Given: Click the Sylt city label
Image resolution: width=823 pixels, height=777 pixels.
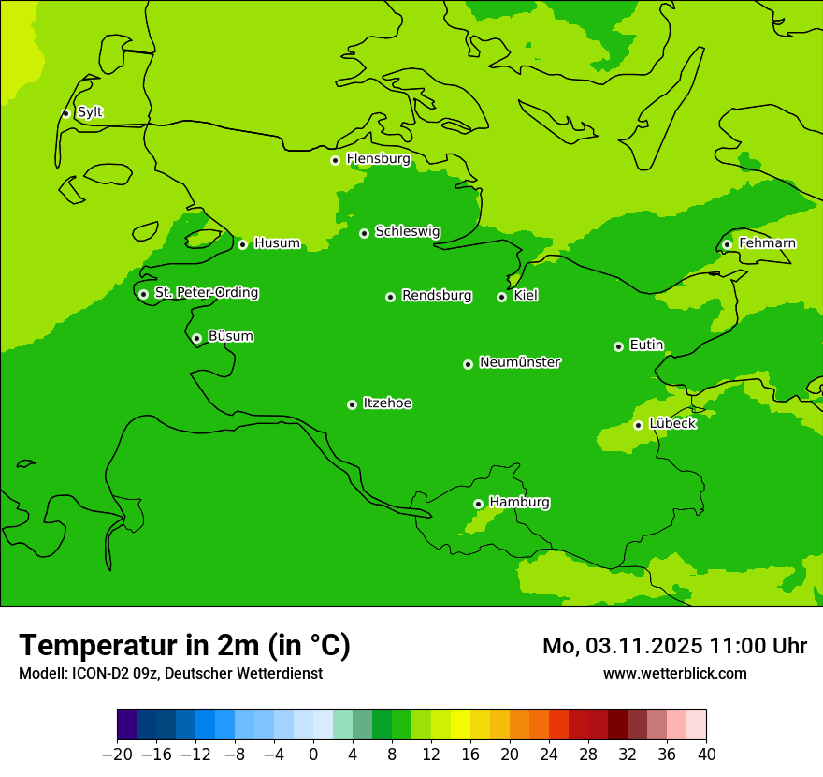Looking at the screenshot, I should pos(90,112).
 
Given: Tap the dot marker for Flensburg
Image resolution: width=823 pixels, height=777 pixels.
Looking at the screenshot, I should pos(335,160).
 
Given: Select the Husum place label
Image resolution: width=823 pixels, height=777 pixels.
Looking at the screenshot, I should pos(277,243).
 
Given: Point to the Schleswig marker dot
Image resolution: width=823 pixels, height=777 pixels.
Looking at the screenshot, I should pos(364,233).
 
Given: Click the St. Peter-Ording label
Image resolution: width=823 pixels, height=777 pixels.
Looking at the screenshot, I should pos(206,293).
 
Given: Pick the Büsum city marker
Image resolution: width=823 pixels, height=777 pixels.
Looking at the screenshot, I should pos(196,338).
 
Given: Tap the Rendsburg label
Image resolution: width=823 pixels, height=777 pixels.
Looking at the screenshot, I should pos(437,296).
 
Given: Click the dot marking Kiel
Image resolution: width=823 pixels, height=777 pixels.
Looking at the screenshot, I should pos(501,297).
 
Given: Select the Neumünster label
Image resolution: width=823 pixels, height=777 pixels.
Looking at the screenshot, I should pos(520,362).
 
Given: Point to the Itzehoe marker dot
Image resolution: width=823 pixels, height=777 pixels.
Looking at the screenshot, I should pos(352,404).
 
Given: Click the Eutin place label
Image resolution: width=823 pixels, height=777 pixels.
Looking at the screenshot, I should pos(646,345).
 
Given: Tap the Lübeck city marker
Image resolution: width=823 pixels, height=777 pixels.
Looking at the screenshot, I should pos(638,425).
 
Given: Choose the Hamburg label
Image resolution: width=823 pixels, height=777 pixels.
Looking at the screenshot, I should pos(519,503).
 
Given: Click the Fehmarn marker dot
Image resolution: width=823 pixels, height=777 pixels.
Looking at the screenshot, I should pos(727,244).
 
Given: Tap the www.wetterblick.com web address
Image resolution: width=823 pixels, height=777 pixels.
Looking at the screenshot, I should pos(674,673).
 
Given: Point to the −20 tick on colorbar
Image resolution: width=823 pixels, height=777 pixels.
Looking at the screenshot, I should pos(117,755).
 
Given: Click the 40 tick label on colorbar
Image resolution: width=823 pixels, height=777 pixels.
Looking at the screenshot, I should pos(706,755).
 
